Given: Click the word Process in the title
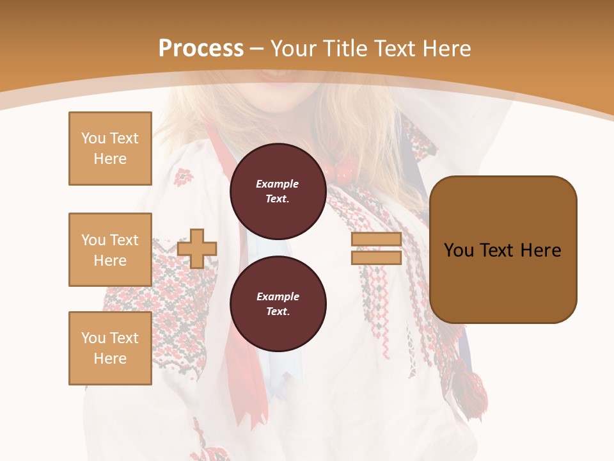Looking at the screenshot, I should [x=201, y=49].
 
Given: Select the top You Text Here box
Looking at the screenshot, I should [x=110, y=149].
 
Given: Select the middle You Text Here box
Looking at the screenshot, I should [x=110, y=250].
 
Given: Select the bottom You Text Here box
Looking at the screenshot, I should [x=110, y=348].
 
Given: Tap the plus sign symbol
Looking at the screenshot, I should [x=197, y=248].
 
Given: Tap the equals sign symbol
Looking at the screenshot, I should [x=376, y=248].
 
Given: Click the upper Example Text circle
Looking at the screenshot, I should [x=278, y=191].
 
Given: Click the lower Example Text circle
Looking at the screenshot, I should [x=278, y=304].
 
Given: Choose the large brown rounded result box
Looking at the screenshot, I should [x=503, y=250].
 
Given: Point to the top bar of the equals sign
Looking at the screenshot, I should [x=376, y=239].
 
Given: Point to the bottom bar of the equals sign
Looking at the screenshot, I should [x=376, y=257].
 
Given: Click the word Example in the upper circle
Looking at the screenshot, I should [x=278, y=184].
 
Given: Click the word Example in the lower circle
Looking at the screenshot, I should [x=278, y=296].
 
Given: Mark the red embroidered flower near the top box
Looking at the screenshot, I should [x=184, y=175].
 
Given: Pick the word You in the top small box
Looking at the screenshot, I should [x=93, y=138].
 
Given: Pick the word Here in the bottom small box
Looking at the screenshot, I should [x=110, y=359].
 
